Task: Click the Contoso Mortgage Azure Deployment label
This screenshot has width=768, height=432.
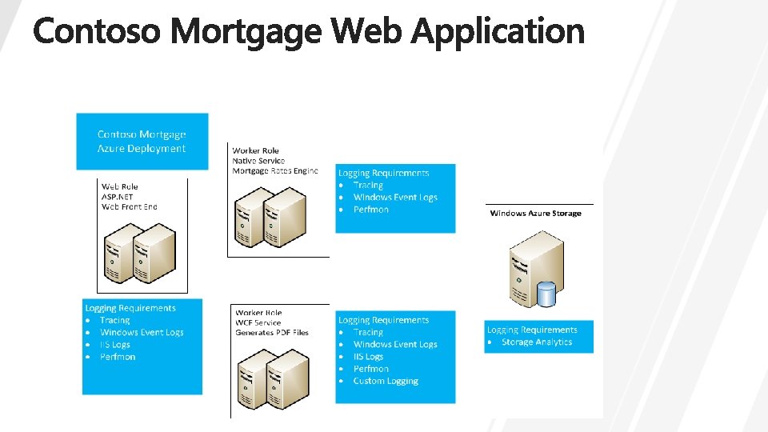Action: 142,142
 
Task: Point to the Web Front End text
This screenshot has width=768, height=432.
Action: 130,206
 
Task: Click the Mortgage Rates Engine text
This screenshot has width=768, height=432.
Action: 275,171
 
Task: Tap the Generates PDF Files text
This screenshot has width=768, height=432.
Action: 272,333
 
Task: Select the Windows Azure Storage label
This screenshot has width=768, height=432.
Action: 535,214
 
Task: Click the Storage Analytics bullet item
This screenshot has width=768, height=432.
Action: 537,342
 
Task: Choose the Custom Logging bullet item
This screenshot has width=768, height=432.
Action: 386,381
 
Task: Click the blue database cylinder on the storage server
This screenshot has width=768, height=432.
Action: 546,294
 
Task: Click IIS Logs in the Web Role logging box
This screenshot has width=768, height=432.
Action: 115,345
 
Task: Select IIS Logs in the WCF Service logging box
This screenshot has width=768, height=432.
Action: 368,357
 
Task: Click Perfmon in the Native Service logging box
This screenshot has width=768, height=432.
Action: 371,210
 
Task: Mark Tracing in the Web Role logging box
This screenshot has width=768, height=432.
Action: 114,320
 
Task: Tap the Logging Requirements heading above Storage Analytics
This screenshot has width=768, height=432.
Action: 532,330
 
